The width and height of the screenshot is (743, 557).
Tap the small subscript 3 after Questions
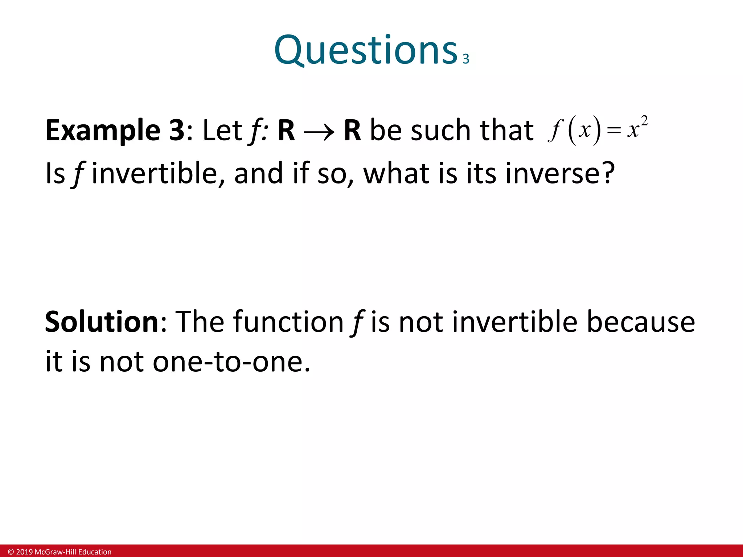click(x=466, y=59)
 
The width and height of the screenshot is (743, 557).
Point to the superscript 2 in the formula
click(x=644, y=120)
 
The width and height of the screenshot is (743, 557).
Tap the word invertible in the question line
click(x=154, y=173)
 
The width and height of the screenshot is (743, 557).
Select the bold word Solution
click(x=102, y=322)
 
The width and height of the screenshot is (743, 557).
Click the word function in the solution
click(x=288, y=322)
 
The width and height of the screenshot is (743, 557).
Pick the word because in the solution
click(x=640, y=322)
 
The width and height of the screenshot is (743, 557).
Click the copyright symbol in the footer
click(x=11, y=552)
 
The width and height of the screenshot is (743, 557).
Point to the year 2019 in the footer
click(x=24, y=552)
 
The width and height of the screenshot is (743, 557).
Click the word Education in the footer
click(x=95, y=552)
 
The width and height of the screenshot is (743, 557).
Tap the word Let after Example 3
click(x=222, y=131)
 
